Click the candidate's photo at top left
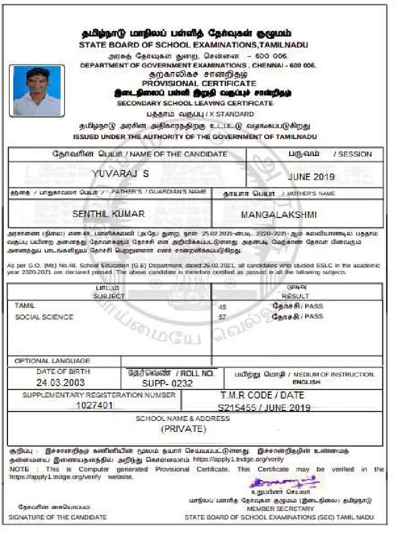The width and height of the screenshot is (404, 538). point(37,90)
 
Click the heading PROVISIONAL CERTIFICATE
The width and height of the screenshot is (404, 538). point(199,84)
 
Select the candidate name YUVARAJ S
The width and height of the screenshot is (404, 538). point(120,173)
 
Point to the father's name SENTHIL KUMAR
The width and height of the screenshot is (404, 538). point(108,214)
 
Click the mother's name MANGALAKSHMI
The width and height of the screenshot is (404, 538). point(279,215)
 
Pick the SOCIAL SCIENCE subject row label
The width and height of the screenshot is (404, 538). point(44,317)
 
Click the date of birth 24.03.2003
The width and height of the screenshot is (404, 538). point(60,382)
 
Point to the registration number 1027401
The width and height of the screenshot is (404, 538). point(94,405)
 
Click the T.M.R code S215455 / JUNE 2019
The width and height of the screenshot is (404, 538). point(264,408)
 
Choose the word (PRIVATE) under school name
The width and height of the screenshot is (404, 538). point(184,429)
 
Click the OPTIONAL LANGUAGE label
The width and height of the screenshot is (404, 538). point(53,361)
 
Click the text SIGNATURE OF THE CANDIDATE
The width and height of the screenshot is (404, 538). point(58,518)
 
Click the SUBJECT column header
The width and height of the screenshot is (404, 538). point(109,296)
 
